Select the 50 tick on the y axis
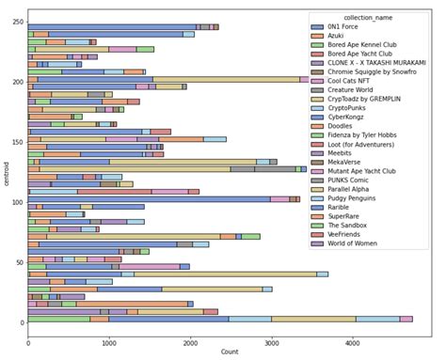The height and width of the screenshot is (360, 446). click(20, 262)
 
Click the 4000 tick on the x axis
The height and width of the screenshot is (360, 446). click(352, 338)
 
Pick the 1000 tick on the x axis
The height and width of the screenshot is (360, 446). click(108, 338)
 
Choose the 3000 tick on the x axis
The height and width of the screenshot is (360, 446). click(271, 338)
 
